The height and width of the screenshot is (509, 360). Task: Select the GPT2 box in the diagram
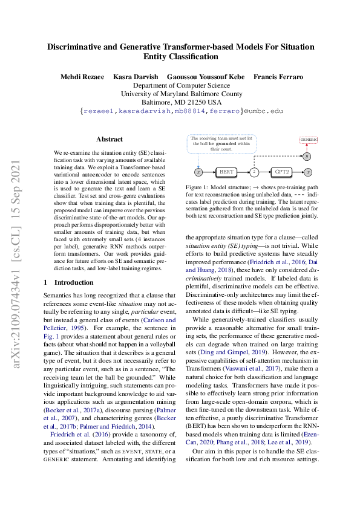point(281,172)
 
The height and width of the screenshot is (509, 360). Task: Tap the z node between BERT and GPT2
point(254,172)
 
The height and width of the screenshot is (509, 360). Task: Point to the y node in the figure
point(307,156)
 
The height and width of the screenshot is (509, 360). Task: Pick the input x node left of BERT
point(198,172)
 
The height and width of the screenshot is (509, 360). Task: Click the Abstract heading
point(110,139)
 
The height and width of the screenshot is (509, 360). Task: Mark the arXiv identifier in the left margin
point(18,254)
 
